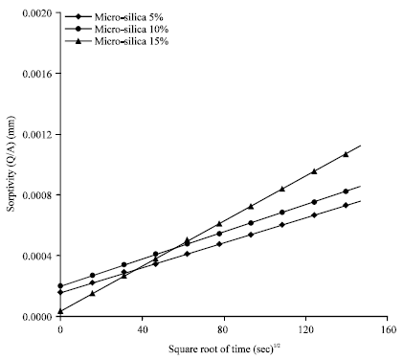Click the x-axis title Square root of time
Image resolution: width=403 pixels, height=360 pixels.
219,348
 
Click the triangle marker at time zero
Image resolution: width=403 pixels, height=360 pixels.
60,311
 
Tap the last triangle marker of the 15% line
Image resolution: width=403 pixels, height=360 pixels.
346,154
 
